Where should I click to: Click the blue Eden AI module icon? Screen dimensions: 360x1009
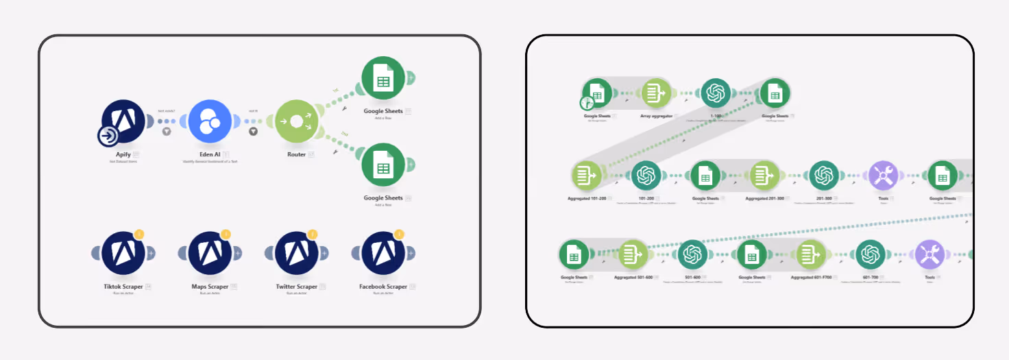point(210,122)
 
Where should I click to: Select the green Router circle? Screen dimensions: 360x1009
point(296,121)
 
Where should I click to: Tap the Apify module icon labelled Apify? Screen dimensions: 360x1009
point(123,121)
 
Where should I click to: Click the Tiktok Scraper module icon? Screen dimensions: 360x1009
point(123,253)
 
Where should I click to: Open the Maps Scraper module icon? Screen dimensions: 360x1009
point(210,253)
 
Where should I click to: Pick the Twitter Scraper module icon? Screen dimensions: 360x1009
point(296,253)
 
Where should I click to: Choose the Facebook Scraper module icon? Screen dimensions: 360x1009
point(383,253)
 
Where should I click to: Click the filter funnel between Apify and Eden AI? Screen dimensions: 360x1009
point(166,131)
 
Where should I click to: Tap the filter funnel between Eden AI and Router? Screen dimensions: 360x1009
point(253,131)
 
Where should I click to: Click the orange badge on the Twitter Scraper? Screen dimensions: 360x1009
point(313,235)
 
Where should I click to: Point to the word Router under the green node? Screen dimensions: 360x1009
point(296,154)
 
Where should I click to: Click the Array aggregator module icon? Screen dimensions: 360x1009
point(656,93)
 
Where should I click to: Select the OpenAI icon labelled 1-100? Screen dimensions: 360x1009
point(716,93)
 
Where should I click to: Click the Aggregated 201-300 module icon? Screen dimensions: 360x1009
point(764,176)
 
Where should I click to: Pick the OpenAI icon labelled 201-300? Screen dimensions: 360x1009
point(823,176)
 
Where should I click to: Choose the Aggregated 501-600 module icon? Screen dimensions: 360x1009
point(633,255)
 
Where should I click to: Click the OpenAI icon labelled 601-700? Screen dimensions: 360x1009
point(871,255)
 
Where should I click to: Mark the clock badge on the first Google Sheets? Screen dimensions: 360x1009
point(586,104)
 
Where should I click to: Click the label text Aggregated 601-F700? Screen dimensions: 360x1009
point(811,278)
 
